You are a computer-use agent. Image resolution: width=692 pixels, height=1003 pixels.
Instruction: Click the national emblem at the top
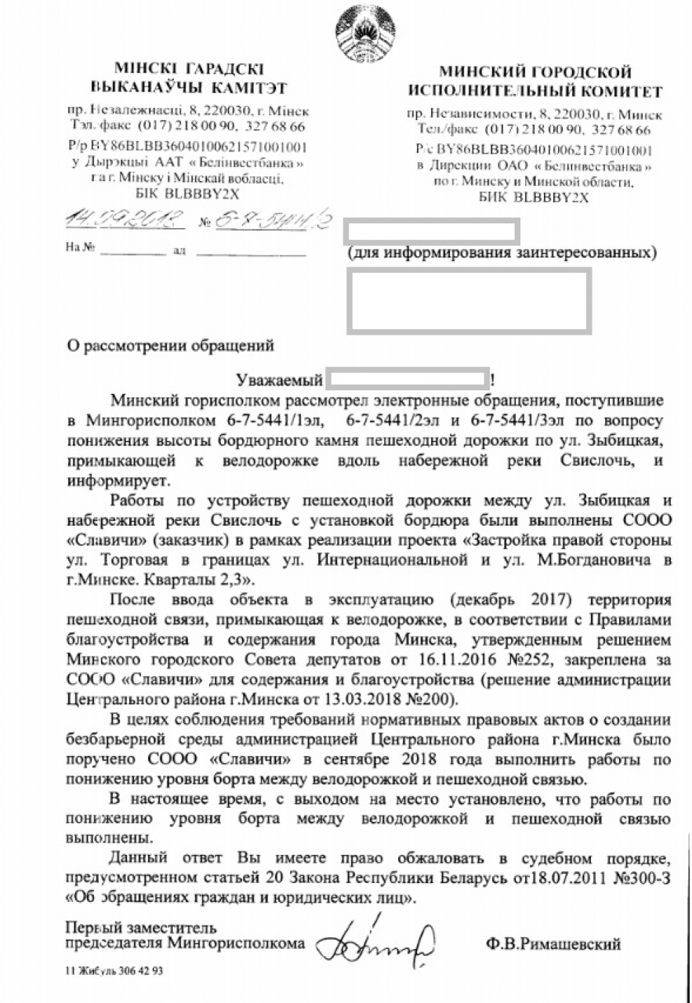(362, 29)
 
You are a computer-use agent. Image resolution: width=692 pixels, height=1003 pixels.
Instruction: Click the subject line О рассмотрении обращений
(170, 343)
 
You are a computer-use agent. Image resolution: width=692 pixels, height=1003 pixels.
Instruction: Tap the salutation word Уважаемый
(280, 381)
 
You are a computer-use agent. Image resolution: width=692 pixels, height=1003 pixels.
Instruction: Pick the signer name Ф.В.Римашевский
(553, 944)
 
